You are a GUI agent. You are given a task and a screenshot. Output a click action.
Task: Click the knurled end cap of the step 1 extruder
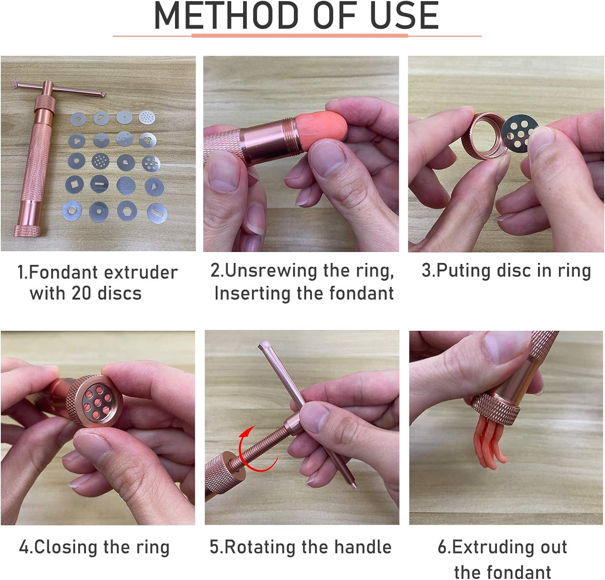27,231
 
